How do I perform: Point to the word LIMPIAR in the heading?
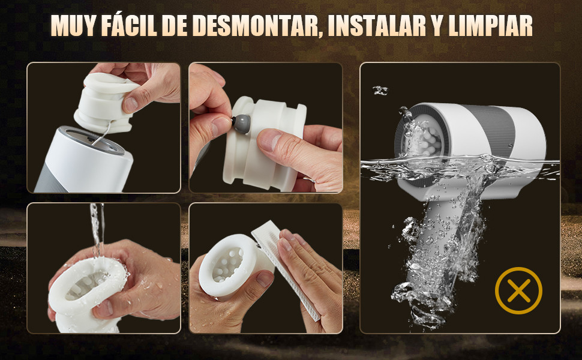point(490,26)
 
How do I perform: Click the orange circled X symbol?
point(518,290)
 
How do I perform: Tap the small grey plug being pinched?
point(241,124)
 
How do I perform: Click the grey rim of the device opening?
point(92,141)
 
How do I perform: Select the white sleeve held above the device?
point(106,103)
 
